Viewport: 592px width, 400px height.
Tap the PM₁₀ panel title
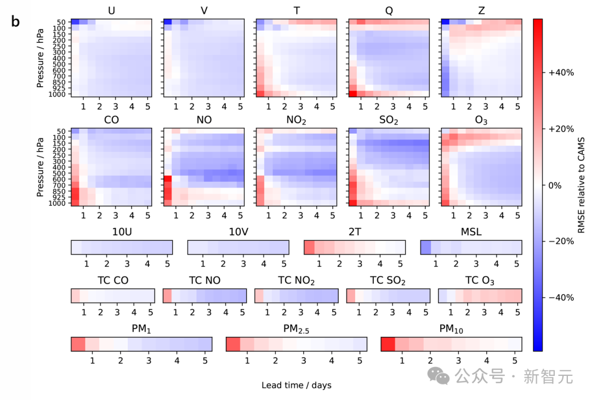(x=451, y=329)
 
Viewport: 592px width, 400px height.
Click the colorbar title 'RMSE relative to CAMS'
(x=582, y=185)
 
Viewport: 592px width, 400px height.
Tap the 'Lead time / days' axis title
(x=296, y=385)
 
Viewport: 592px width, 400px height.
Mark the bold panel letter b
(x=15, y=21)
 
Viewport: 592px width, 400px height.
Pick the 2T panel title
(x=354, y=232)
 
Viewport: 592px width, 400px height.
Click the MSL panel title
(x=471, y=232)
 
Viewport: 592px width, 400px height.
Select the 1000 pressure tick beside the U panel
(x=59, y=94)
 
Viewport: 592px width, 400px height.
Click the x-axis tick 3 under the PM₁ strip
(x=149, y=360)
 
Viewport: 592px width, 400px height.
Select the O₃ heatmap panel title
(x=481, y=120)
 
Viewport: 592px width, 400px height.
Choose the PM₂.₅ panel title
(x=297, y=329)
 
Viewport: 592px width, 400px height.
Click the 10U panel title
(x=121, y=232)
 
